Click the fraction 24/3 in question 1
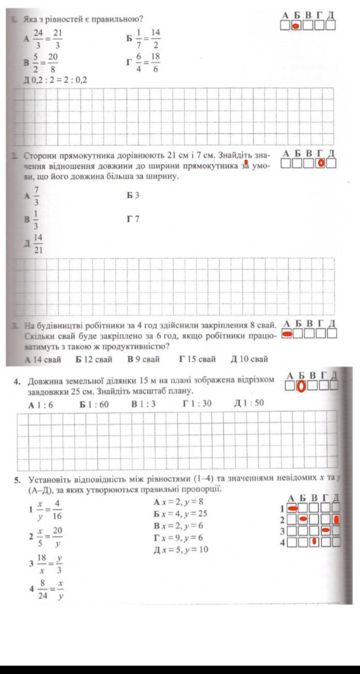pyautogui.click(x=38, y=39)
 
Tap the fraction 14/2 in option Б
pyautogui.click(x=155, y=39)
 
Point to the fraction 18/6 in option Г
pyautogui.click(x=155, y=63)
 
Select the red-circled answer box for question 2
pyautogui.click(x=320, y=163)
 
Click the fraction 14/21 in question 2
pyautogui.click(x=38, y=244)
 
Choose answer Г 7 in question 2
pyautogui.click(x=133, y=219)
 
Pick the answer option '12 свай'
pyautogui.click(x=94, y=359)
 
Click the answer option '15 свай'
pyautogui.click(x=197, y=359)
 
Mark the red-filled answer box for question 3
pyautogui.click(x=287, y=334)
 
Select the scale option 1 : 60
pyautogui.click(x=94, y=404)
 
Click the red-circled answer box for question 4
pyautogui.click(x=301, y=386)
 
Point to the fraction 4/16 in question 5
pyautogui.click(x=57, y=510)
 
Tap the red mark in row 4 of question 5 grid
pyautogui.click(x=314, y=542)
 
